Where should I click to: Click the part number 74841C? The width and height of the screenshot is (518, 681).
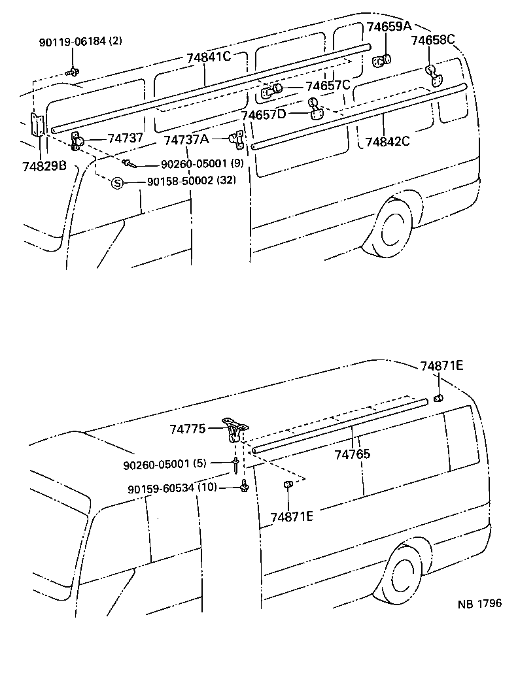[x=209, y=57]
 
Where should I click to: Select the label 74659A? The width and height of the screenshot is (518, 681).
[x=389, y=27]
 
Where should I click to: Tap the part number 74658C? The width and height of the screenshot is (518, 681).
[x=432, y=40]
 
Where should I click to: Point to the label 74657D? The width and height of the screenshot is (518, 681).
[x=264, y=115]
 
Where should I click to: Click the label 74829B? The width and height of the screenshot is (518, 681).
[x=44, y=165]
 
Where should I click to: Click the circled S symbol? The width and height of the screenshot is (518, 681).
[x=117, y=184]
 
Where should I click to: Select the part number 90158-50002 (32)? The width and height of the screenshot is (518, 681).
[x=190, y=181]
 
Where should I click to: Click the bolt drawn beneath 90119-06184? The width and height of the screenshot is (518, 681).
[x=73, y=70]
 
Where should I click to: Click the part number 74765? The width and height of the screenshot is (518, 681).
[x=352, y=454]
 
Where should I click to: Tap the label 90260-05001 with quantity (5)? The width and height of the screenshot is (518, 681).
[x=165, y=463]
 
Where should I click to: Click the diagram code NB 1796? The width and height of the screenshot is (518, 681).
[x=479, y=603]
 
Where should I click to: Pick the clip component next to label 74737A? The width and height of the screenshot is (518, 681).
[x=235, y=139]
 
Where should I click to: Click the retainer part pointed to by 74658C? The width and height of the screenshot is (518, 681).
[x=434, y=73]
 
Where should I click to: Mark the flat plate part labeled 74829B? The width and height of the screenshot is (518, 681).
[x=37, y=125]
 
